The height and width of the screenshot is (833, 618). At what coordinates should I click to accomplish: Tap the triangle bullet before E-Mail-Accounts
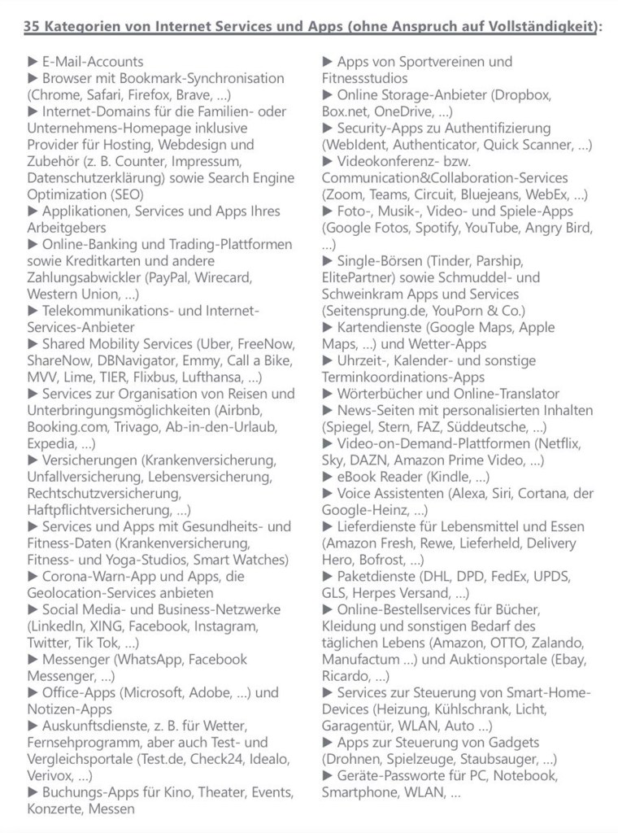click(33, 62)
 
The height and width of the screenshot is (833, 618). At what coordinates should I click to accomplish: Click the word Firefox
click(150, 94)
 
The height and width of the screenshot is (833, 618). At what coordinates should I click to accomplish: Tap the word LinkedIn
click(54, 626)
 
